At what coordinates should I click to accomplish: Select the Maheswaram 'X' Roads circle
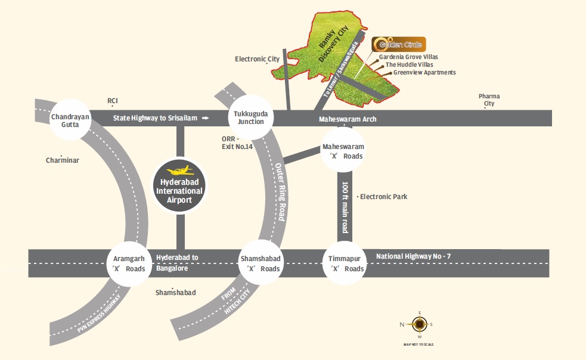[x=343, y=151]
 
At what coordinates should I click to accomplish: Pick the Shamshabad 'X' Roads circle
[x=261, y=263]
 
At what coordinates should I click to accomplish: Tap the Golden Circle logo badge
[x=398, y=45]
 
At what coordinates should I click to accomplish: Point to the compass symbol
[x=420, y=324]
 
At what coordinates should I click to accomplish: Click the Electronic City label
[x=257, y=59]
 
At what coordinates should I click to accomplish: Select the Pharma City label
[x=489, y=100]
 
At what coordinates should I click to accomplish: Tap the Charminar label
[x=63, y=160]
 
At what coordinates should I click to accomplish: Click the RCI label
[x=113, y=101]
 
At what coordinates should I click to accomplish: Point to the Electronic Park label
[x=383, y=196]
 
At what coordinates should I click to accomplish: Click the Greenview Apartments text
[x=424, y=73]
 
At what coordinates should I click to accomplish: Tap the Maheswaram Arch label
[x=348, y=119]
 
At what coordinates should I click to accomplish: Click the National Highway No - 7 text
[x=413, y=256]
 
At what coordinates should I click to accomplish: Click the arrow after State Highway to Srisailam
[x=206, y=119]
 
